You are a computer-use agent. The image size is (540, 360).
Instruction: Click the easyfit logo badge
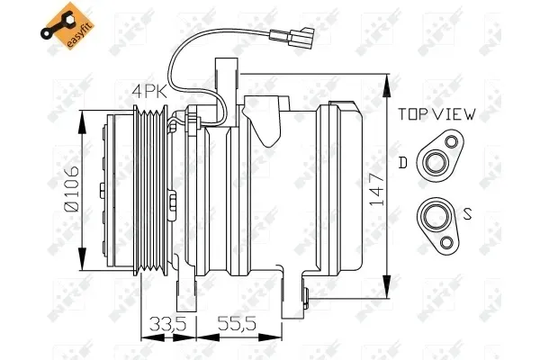pyautogui.click(x=67, y=25)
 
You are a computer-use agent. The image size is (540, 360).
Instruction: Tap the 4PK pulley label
pyautogui.click(x=149, y=92)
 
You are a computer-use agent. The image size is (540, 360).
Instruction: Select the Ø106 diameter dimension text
pyautogui.click(x=72, y=188)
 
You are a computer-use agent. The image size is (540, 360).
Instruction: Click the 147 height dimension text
pyautogui.click(x=376, y=189)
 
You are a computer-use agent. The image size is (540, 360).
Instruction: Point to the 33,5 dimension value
pyautogui.click(x=167, y=323)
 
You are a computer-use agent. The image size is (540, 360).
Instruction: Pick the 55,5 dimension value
pyautogui.click(x=238, y=323)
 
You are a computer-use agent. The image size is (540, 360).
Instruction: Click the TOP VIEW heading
pyautogui.click(x=437, y=114)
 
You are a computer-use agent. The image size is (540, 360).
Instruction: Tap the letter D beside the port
pyautogui.click(x=402, y=163)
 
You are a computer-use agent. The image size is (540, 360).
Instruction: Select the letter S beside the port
pyautogui.click(x=467, y=214)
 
